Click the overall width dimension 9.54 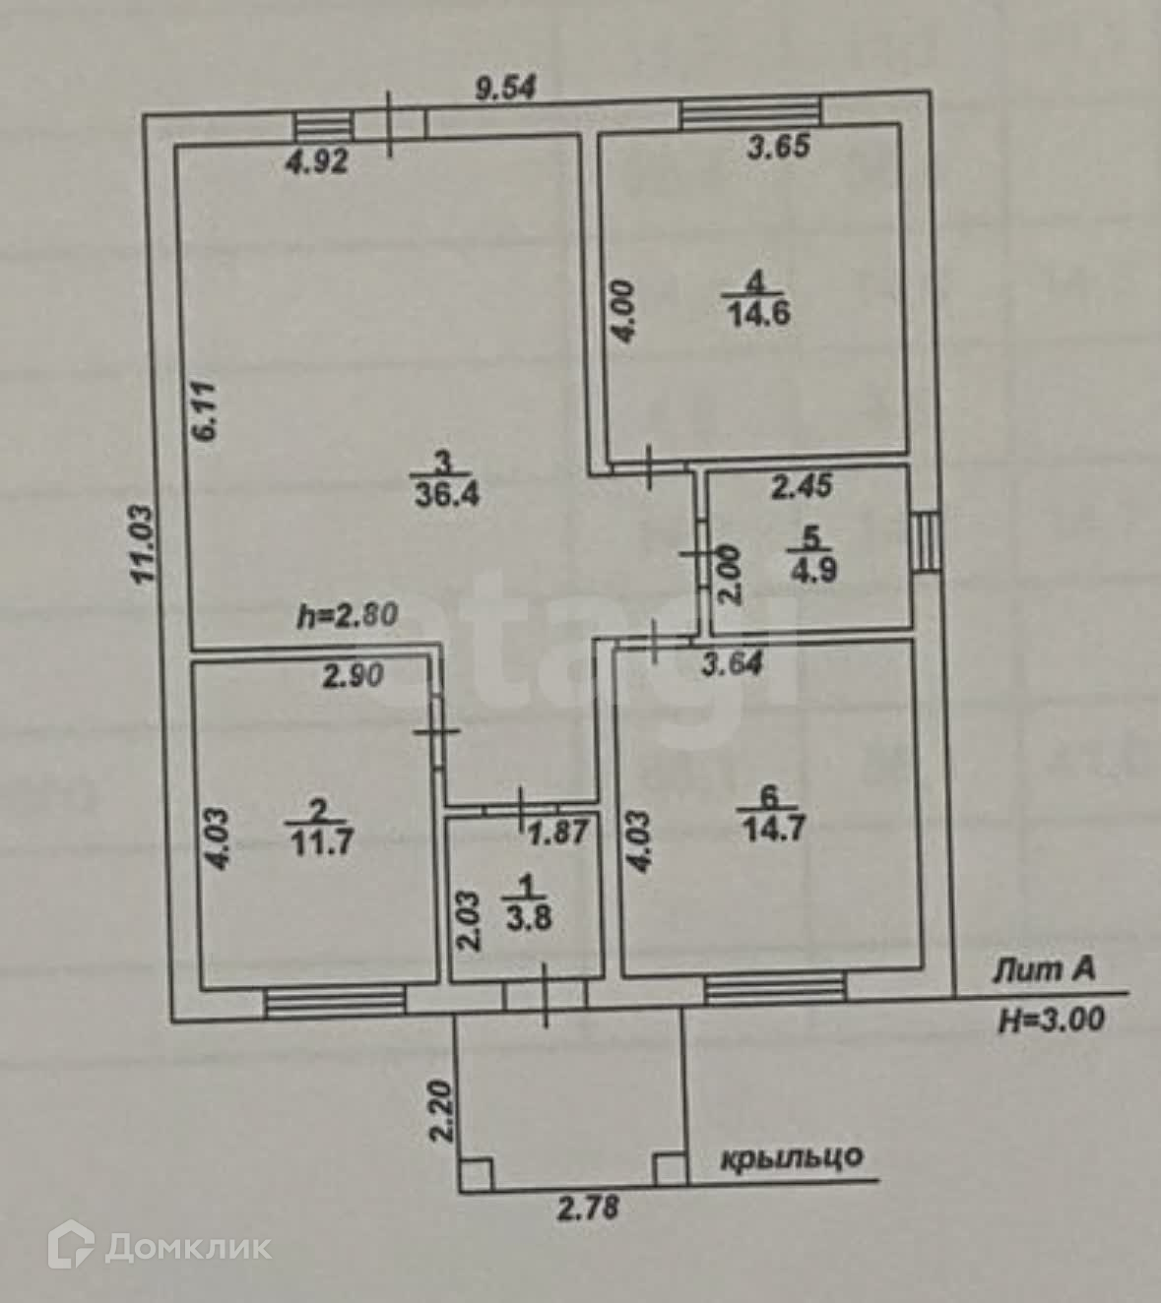pyautogui.click(x=505, y=89)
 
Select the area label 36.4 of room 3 pyautogui.click(x=446, y=492)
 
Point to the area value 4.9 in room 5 pyautogui.click(x=812, y=569)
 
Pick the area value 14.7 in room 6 pyautogui.click(x=773, y=827)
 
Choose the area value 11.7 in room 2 pyautogui.click(x=321, y=841)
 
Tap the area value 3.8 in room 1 pyautogui.click(x=529, y=918)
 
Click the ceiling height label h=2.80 pyautogui.click(x=348, y=617)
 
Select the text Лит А pyautogui.click(x=1044, y=971)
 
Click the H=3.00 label pyautogui.click(x=1052, y=1020)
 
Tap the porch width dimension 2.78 pyautogui.click(x=589, y=1208)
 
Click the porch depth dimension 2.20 pyautogui.click(x=440, y=1112)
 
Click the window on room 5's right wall pyautogui.click(x=925, y=542)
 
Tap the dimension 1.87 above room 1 pyautogui.click(x=559, y=833)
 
